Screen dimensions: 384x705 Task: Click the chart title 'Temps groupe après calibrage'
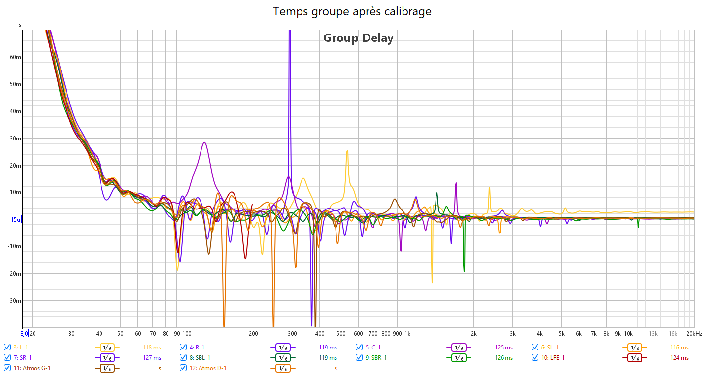tap(352, 11)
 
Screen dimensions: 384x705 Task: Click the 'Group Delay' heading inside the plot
tap(358, 38)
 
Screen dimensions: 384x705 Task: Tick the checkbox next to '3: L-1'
tap(7, 347)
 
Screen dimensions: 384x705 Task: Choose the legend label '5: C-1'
tap(373, 347)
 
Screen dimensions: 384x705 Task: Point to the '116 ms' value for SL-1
tap(679, 348)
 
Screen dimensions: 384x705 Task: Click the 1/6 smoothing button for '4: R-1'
tap(283, 348)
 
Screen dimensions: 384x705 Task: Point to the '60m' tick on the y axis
tap(16, 57)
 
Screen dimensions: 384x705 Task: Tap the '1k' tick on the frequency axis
tap(407, 334)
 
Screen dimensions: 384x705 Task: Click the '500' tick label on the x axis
tap(341, 334)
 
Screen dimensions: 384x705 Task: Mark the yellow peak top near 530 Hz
tap(347, 151)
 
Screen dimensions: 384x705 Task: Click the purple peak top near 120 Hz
tap(204, 142)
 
